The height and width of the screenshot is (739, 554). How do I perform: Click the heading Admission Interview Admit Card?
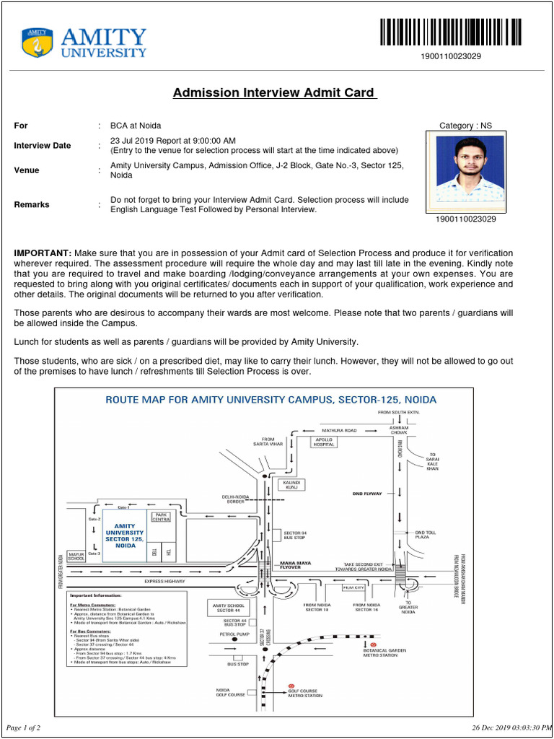point(274,92)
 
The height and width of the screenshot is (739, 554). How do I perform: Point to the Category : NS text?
point(465,126)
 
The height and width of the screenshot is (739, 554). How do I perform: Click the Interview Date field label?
point(43,145)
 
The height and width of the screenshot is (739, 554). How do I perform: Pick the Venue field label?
point(27,170)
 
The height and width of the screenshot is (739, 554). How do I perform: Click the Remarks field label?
point(32,204)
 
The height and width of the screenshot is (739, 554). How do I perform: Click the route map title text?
point(271,399)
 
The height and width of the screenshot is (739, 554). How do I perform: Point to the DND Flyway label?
point(367,494)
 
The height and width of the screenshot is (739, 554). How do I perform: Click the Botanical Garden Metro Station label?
point(384,652)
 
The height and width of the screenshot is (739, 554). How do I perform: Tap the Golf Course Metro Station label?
point(305,693)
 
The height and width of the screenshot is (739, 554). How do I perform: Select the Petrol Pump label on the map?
point(234,634)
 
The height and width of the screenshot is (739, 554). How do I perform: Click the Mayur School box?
point(76,556)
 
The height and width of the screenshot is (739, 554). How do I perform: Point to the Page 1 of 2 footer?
point(23,727)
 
